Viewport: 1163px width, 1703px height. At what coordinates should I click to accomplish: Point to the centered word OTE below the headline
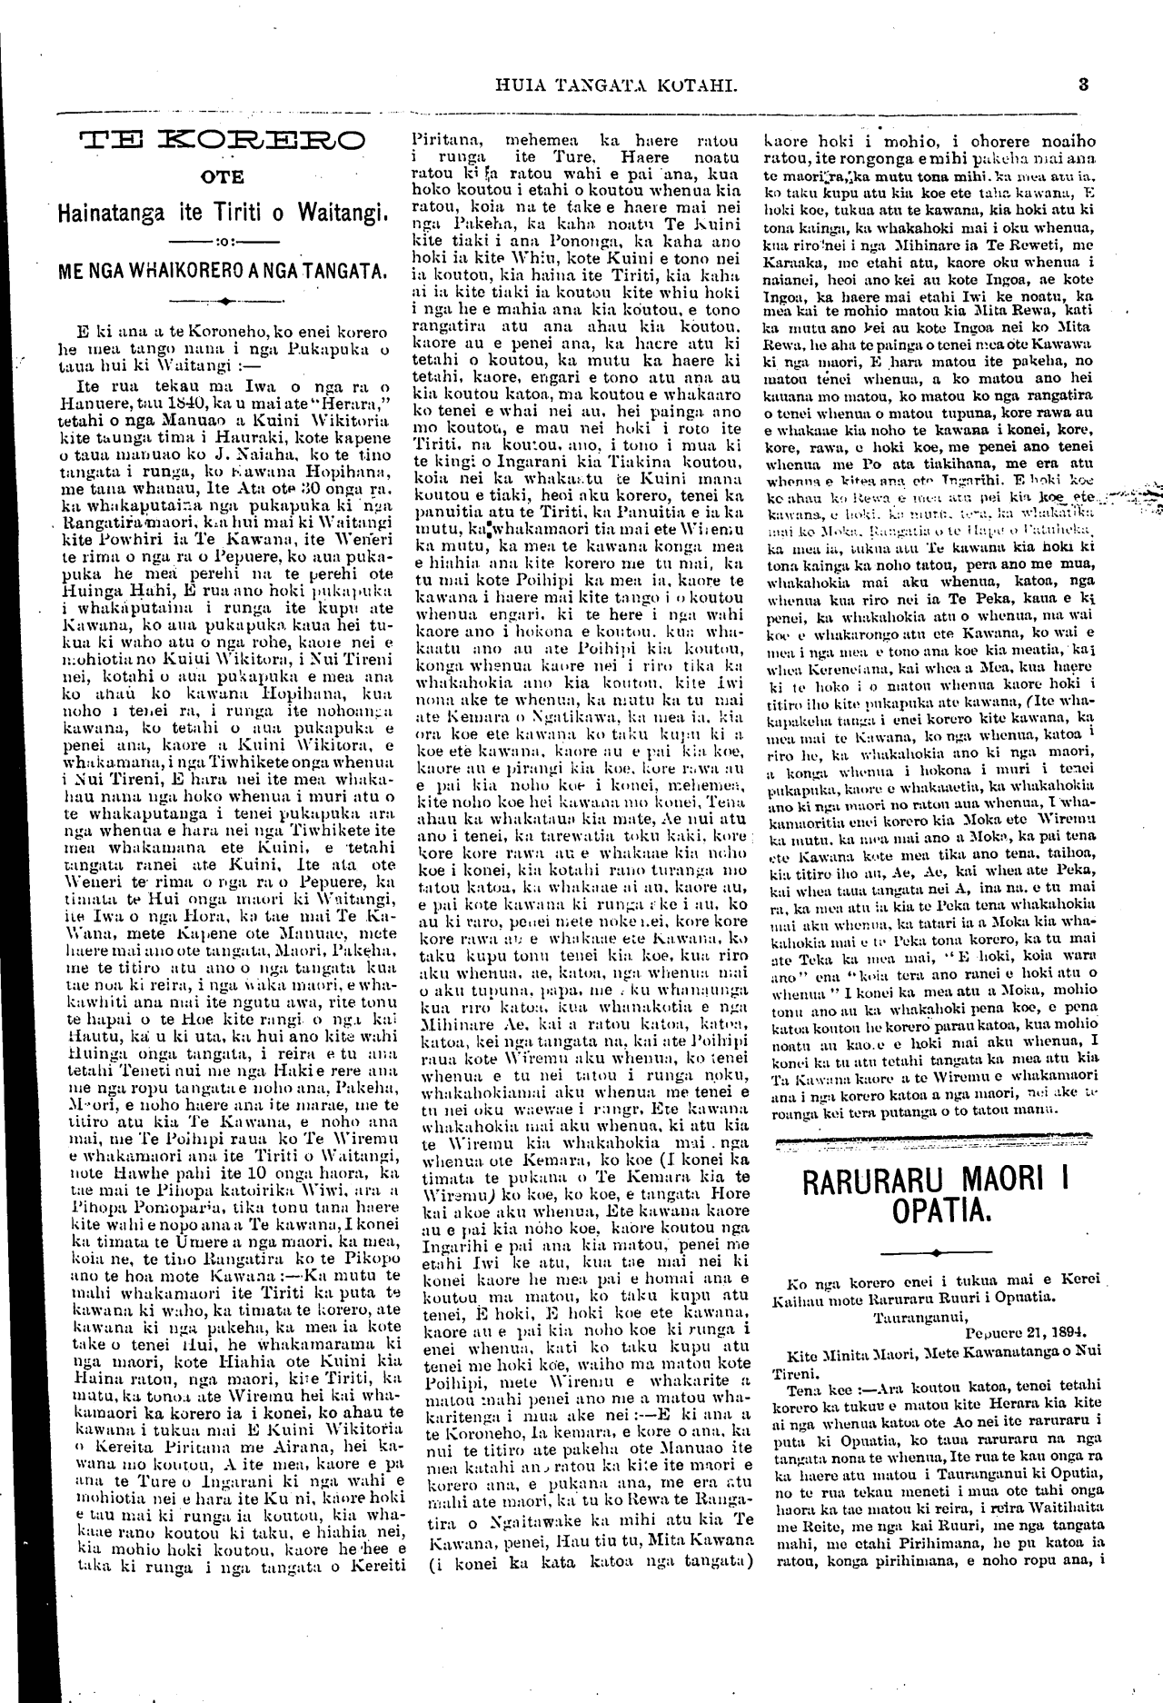point(223,178)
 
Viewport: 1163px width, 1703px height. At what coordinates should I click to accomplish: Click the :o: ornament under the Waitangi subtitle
point(222,243)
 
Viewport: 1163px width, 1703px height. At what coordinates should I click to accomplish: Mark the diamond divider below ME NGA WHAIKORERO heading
point(222,298)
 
